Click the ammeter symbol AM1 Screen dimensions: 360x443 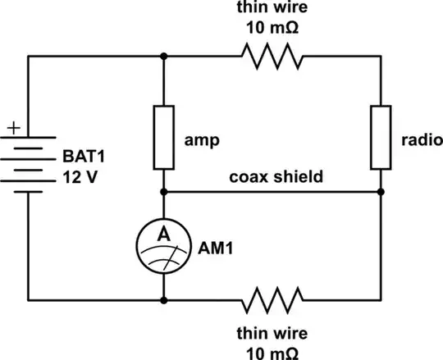point(164,244)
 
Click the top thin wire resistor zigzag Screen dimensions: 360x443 point(272,56)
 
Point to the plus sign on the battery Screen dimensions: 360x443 point(13,129)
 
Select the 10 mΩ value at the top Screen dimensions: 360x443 point(272,26)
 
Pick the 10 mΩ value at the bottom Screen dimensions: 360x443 point(272,350)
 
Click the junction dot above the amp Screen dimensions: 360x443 point(164,56)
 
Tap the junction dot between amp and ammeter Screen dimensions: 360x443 point(164,191)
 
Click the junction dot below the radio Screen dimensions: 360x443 point(381,191)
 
